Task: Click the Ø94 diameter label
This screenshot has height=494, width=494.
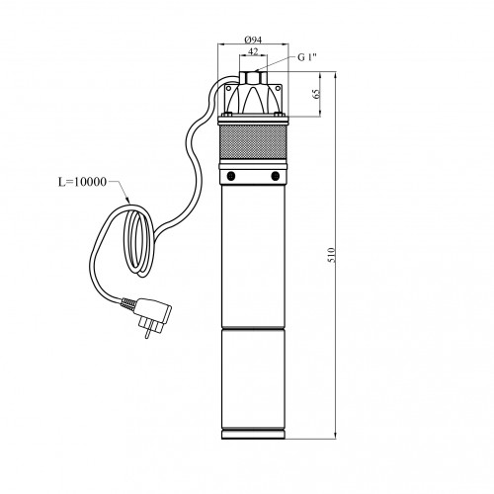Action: pyautogui.click(x=253, y=40)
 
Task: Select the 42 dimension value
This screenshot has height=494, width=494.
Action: pyautogui.click(x=253, y=51)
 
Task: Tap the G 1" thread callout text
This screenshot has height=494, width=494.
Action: pyautogui.click(x=307, y=57)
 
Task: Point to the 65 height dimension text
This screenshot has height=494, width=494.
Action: pyautogui.click(x=317, y=94)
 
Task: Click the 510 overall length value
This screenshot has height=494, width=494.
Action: pyautogui.click(x=332, y=255)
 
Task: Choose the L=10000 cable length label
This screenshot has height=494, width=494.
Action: pyautogui.click(x=82, y=182)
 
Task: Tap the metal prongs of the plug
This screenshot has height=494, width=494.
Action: pyautogui.click(x=150, y=328)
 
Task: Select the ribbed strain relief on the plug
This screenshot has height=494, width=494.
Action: pyautogui.click(x=127, y=303)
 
